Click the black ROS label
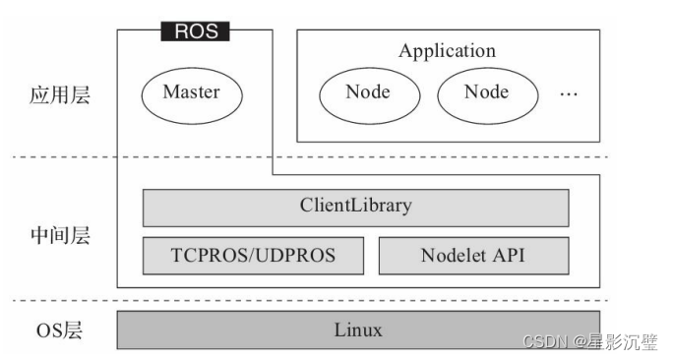coord(195,31)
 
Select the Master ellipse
coord(191,93)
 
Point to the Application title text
coord(447,51)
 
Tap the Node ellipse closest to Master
coord(367,93)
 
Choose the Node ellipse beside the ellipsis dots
coord(486,93)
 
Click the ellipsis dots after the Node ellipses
coord(569,95)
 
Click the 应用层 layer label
coord(60,95)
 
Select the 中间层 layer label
coord(60,236)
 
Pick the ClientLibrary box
coord(355,208)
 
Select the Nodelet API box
coord(473,256)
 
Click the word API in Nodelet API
coord(510,256)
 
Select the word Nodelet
coord(455,256)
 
